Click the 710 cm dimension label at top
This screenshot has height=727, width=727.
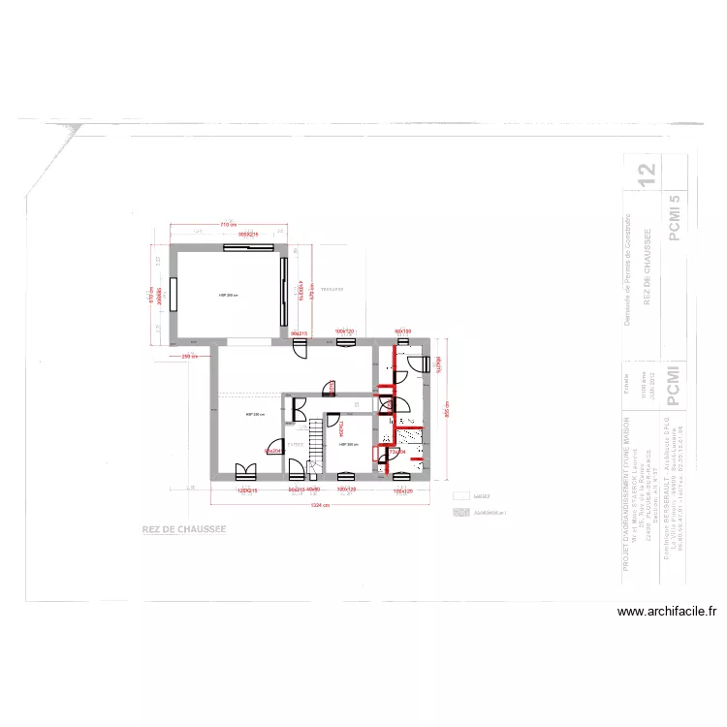(x=228, y=225)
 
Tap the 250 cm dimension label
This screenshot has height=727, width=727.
(x=190, y=356)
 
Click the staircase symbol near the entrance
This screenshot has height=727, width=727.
(x=315, y=446)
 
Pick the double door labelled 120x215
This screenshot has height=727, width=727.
(x=245, y=472)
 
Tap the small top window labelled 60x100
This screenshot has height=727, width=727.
(x=404, y=341)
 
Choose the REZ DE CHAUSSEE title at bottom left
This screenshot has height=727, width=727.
(x=184, y=530)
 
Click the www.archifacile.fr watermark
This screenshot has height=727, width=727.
(x=669, y=612)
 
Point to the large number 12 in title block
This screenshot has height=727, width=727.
(x=647, y=174)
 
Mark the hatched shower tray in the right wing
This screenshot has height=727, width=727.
(x=407, y=437)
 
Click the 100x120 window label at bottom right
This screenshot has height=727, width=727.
(x=403, y=491)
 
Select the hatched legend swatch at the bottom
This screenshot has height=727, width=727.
(x=459, y=510)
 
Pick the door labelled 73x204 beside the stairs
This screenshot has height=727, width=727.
(x=273, y=448)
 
